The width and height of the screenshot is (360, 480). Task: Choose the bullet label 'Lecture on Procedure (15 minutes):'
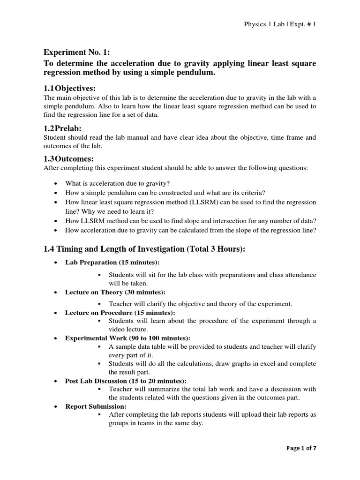120,313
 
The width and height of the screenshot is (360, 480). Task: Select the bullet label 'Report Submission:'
96,406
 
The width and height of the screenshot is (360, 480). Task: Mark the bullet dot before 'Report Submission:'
57,406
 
